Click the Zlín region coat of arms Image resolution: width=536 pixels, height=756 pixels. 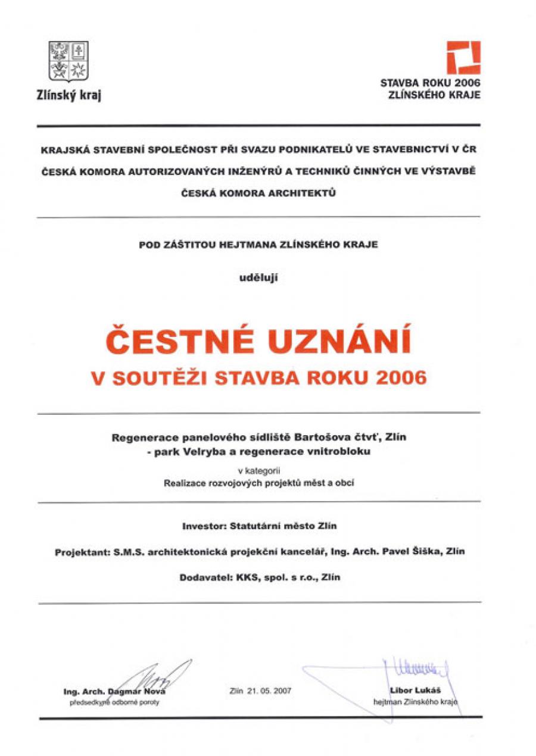pos(68,61)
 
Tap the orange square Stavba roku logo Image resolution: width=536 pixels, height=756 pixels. pos(463,58)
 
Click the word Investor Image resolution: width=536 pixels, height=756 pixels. pos(202,526)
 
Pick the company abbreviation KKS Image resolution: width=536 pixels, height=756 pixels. pos(244,577)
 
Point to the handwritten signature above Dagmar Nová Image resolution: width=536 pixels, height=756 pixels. pos(155,676)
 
